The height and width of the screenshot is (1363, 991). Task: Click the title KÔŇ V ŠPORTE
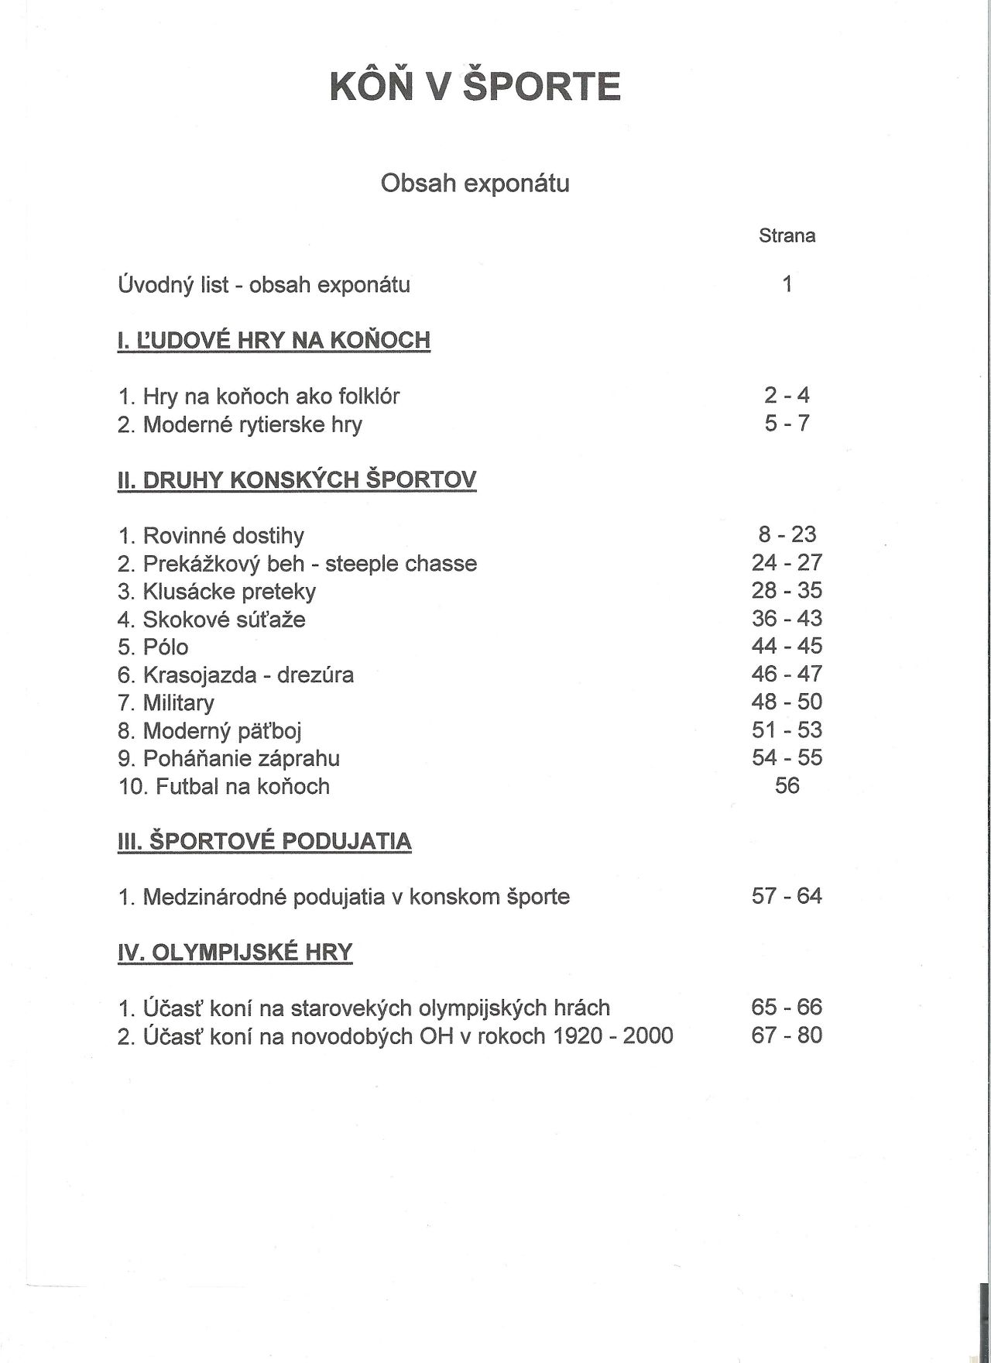475,86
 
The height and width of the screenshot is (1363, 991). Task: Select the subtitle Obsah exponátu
475,184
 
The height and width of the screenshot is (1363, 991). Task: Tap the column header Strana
787,235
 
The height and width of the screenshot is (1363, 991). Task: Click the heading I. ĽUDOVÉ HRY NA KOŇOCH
273,340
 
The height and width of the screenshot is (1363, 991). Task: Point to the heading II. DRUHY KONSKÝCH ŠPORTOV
297,479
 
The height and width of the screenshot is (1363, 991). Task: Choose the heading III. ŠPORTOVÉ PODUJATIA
264,841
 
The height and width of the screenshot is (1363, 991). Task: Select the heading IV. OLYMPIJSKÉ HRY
235,952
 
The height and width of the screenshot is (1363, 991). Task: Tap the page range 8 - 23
787,534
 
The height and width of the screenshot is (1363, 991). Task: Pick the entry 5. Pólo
153,647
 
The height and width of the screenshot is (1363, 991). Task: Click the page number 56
787,785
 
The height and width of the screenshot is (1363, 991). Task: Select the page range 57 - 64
787,896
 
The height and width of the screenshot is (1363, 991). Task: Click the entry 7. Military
166,702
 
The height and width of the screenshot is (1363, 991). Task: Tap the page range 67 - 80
787,1035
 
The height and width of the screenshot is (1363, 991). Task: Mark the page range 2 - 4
787,395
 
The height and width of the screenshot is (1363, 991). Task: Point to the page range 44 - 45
787,646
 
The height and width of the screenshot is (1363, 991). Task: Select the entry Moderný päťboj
210,730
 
